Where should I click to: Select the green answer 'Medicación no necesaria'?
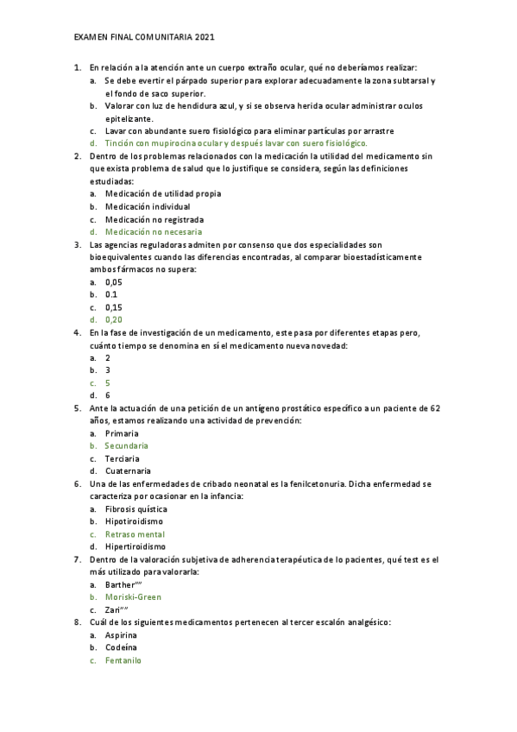(154, 231)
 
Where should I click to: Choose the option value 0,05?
(114, 281)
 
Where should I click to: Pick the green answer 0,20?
(114, 319)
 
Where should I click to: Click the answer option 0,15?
(114, 306)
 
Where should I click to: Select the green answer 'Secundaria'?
(127, 445)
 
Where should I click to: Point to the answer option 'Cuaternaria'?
(128, 470)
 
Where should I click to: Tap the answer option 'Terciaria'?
(123, 458)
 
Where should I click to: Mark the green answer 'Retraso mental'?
(135, 533)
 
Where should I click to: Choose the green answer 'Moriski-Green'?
(133, 596)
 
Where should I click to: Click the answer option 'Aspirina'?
(122, 634)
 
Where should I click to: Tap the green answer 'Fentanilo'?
(123, 659)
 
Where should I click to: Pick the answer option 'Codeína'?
(122, 647)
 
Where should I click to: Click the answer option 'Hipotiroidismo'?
(134, 521)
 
